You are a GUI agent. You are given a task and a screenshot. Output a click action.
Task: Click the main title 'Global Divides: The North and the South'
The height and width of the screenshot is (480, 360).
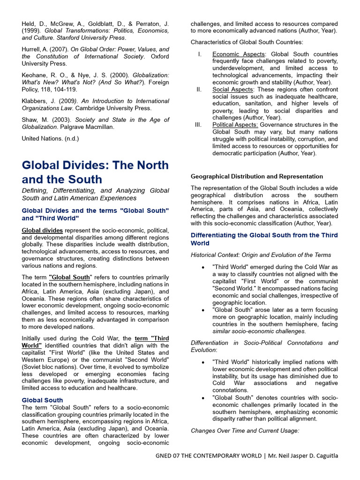click(x=95, y=172)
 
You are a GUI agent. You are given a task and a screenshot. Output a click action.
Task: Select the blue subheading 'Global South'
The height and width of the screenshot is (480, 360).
click(x=42, y=400)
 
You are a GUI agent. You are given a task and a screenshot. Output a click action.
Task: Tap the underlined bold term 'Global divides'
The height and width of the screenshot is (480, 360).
click(x=42, y=230)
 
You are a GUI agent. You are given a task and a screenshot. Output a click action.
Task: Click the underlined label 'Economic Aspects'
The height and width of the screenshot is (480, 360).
click(x=238, y=54)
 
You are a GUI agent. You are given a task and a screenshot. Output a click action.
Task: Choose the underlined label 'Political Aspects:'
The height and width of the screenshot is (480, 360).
click(x=235, y=125)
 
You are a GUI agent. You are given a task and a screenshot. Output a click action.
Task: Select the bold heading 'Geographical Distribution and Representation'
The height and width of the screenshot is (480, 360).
click(x=256, y=176)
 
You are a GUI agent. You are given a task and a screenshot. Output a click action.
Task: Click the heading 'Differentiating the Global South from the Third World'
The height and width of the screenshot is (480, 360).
click(x=264, y=239)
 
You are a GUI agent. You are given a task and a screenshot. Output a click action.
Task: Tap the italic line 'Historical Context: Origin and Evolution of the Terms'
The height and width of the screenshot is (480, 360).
click(x=261, y=255)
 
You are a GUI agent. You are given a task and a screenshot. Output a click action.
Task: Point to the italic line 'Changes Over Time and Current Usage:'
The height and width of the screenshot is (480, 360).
click(x=245, y=430)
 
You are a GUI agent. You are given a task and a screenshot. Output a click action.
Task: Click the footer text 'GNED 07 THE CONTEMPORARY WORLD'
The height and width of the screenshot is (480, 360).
click(x=208, y=456)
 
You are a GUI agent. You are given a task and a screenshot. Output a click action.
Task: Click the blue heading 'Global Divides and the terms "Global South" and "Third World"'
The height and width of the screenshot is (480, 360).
click(x=95, y=214)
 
